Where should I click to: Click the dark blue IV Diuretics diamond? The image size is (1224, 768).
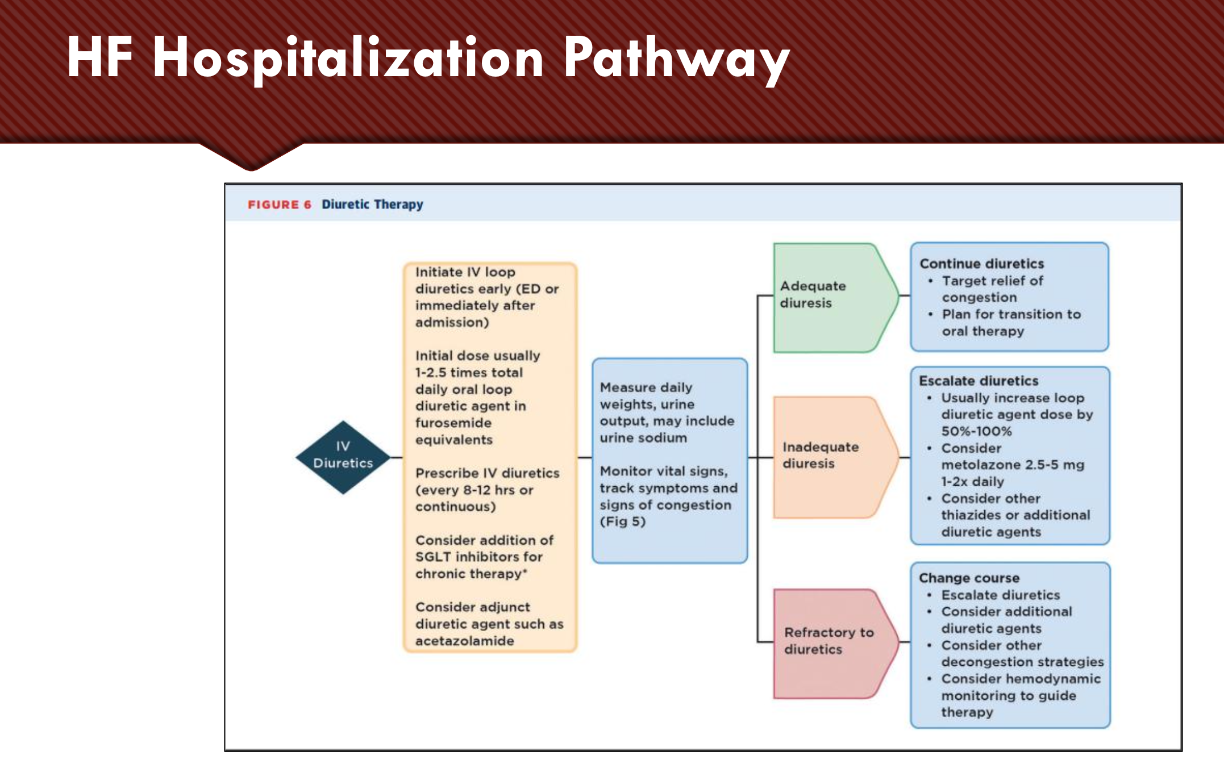coord(343,457)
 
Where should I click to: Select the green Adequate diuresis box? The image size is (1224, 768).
coord(836,298)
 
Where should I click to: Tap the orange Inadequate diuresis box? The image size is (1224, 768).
coord(836,457)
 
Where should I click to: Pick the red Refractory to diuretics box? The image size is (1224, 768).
coord(836,644)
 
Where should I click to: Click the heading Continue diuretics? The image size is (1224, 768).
coord(981,264)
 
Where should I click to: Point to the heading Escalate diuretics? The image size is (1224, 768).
coord(979,381)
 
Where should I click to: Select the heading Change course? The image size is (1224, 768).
coord(969,578)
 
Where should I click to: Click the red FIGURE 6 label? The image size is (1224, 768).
coord(279,204)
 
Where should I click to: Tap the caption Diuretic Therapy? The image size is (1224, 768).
coord(372,204)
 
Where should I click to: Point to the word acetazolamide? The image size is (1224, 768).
coord(464,641)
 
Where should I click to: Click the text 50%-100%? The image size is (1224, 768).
coord(976,431)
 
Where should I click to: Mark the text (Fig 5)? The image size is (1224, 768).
coord(623,521)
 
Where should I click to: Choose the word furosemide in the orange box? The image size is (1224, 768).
coord(453,423)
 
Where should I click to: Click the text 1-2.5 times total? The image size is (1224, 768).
coord(469,373)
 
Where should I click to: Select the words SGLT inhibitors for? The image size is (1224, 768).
coord(478,557)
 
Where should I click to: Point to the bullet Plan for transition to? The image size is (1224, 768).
coord(1011,314)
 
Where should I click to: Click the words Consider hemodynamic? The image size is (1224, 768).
coord(1021,679)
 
